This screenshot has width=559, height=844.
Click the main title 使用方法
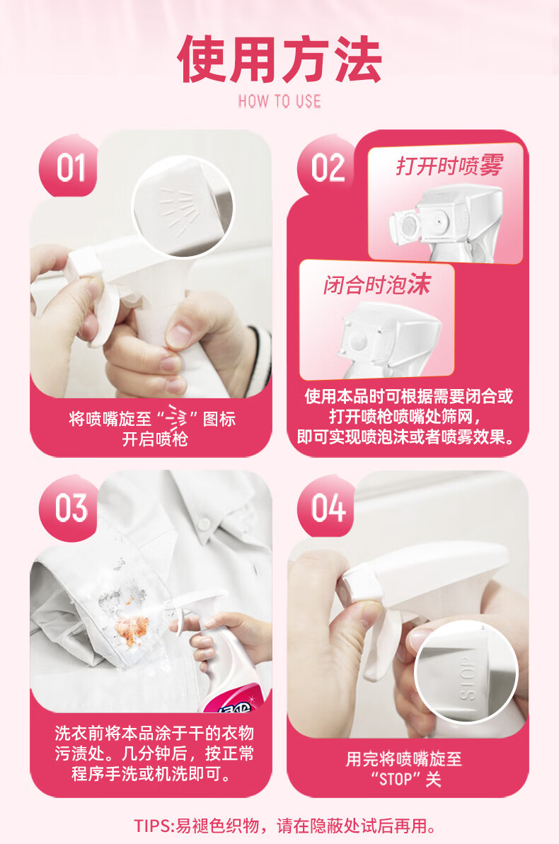(x=279, y=59)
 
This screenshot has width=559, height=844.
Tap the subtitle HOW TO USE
(x=279, y=101)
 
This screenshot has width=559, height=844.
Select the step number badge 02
(x=328, y=168)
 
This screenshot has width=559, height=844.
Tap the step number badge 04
(x=328, y=507)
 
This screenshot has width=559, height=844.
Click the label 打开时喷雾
(x=450, y=166)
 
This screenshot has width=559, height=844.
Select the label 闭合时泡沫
(x=377, y=284)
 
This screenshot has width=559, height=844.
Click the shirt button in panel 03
(x=204, y=524)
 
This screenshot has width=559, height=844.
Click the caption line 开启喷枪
(x=154, y=439)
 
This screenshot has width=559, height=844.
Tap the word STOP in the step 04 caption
(x=396, y=779)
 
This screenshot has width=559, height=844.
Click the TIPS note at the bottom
(x=285, y=826)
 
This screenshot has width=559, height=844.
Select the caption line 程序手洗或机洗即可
(x=151, y=774)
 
